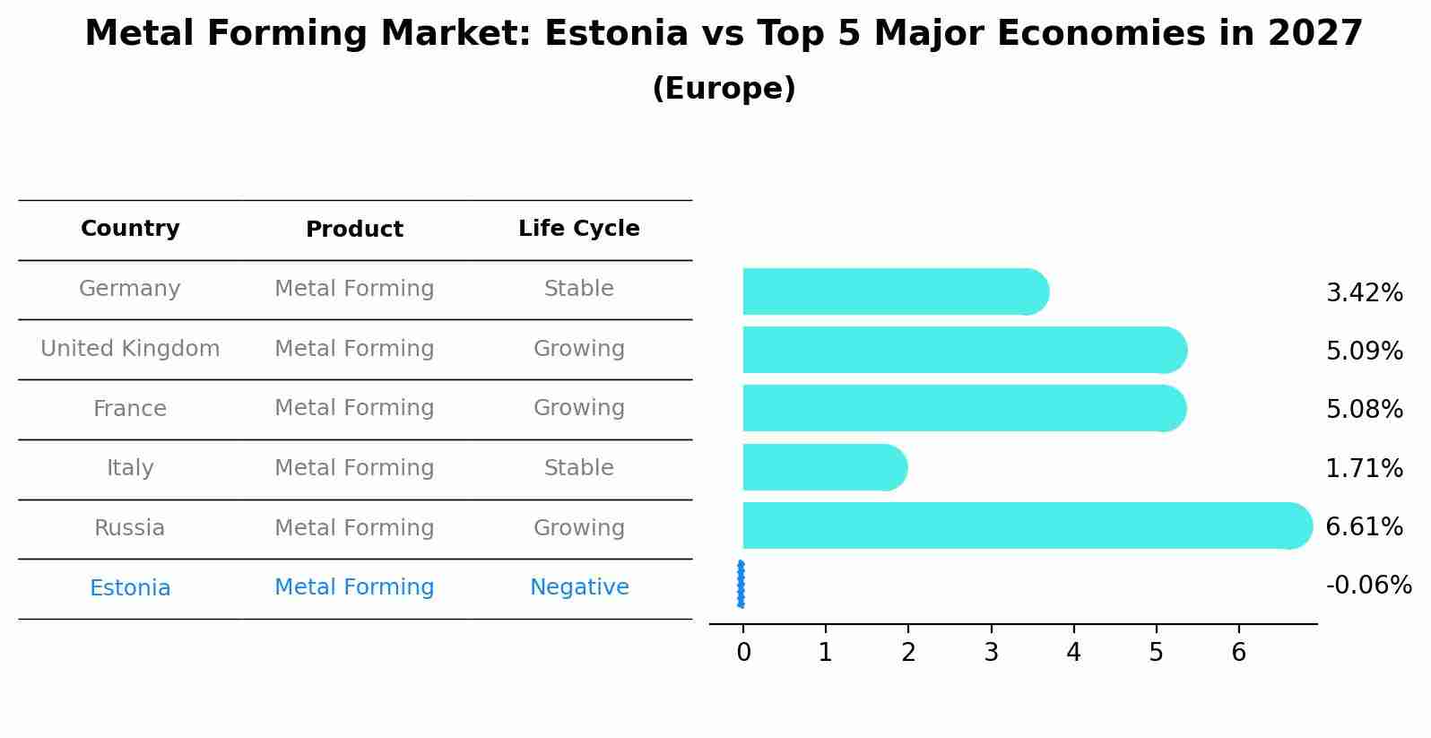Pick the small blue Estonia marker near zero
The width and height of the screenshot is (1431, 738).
(741, 584)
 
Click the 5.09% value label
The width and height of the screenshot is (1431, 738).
(1364, 351)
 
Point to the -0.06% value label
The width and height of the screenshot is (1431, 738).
(1368, 586)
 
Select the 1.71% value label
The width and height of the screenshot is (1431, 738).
(1364, 468)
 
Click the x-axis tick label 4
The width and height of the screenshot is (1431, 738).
(1073, 653)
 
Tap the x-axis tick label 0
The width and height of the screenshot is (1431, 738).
(743, 653)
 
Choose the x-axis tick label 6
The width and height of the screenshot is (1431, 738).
(1238, 653)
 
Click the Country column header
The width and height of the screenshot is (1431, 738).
(130, 229)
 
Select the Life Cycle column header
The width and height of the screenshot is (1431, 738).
(578, 229)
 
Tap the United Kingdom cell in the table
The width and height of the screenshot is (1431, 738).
(130, 349)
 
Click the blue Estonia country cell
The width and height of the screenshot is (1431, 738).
(130, 588)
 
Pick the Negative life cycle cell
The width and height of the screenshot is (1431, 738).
(578, 587)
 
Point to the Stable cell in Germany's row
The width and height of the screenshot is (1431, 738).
(578, 289)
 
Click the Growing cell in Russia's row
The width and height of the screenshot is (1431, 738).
(578, 528)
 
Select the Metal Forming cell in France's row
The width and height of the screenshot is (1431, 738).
(354, 408)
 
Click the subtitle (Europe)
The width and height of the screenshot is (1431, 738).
(724, 89)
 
